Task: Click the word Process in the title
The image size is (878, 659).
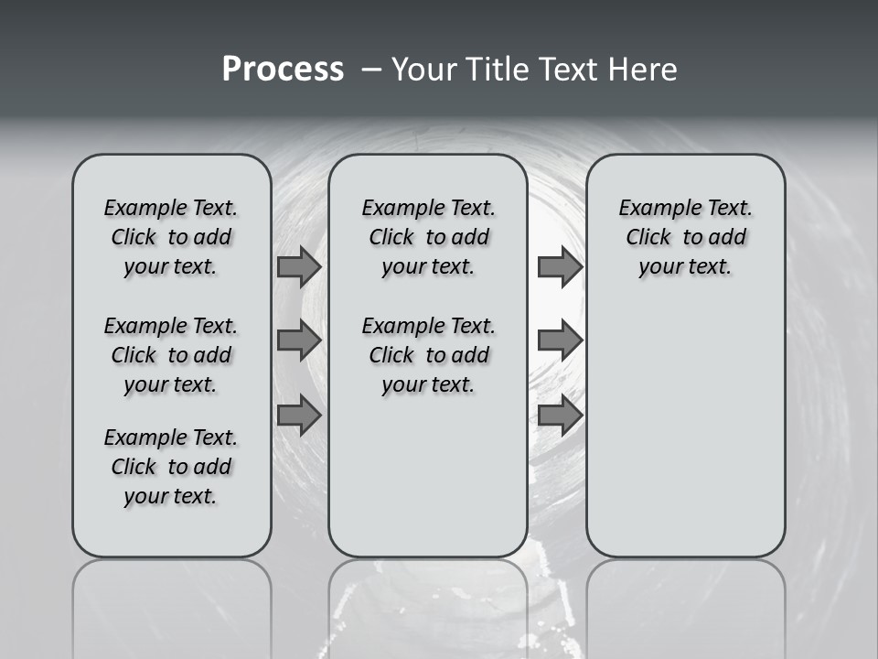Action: pyautogui.click(x=282, y=70)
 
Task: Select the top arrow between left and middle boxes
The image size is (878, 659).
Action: pyautogui.click(x=299, y=267)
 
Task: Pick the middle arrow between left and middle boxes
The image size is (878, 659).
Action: pyautogui.click(x=299, y=340)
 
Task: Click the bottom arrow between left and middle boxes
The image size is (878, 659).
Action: pyautogui.click(x=299, y=416)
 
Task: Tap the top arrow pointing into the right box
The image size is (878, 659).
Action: pyautogui.click(x=560, y=267)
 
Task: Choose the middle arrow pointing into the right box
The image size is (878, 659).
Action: pyautogui.click(x=560, y=340)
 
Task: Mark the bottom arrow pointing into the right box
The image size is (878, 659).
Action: pyautogui.click(x=560, y=416)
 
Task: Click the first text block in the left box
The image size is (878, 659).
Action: pyautogui.click(x=171, y=238)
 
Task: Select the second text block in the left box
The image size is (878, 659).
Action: pyautogui.click(x=171, y=355)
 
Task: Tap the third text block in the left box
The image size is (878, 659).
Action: pyautogui.click(x=171, y=467)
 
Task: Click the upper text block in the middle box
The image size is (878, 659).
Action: pyautogui.click(x=428, y=238)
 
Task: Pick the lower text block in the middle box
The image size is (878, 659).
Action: pyautogui.click(x=428, y=355)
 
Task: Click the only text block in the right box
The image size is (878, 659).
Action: pyautogui.click(x=685, y=238)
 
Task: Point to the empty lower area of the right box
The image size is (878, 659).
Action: pyautogui.click(x=685, y=430)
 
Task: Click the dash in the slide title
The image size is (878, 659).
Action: pyautogui.click(x=371, y=70)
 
